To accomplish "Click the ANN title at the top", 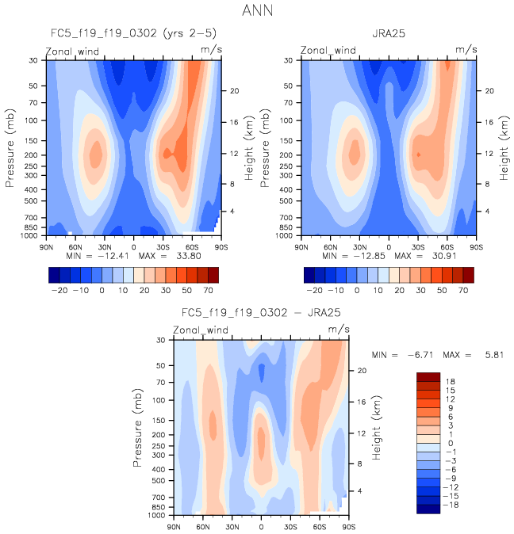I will tap(257, 12).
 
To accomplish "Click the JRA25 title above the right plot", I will tap(389, 35).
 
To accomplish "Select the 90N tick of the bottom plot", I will tap(174, 526).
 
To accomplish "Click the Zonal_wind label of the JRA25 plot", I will tap(328, 50).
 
